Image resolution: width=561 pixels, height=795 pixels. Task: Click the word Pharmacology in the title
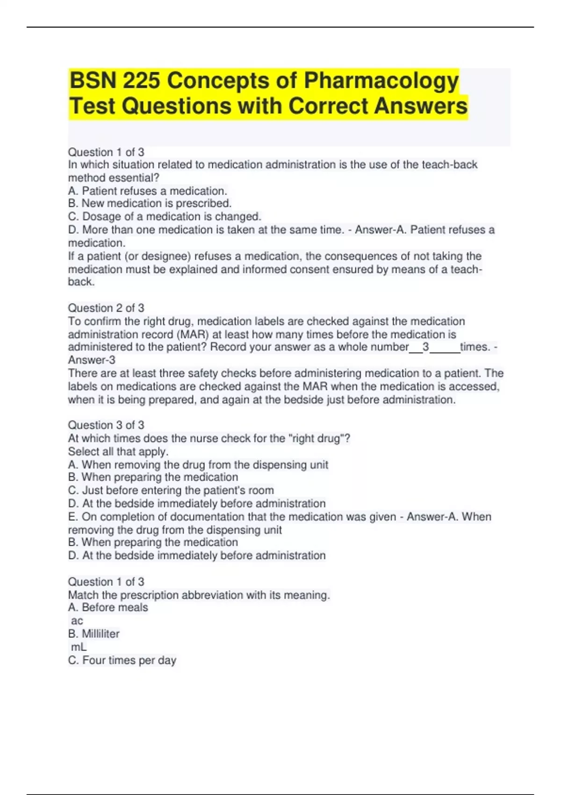pos(381,80)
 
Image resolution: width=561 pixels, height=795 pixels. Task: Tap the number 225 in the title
pos(142,80)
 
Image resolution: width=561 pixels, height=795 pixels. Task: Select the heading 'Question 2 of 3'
pos(106,308)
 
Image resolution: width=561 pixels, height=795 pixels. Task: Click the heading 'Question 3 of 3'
pos(106,425)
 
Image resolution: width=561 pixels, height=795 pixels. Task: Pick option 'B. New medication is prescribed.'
pos(150,203)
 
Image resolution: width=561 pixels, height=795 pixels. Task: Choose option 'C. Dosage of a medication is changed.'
pos(165,217)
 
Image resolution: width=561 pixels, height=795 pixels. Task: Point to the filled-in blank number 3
pos(425,347)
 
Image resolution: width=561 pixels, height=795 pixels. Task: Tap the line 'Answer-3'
pos(92,360)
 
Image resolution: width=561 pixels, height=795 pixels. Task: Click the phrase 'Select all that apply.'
pos(118,452)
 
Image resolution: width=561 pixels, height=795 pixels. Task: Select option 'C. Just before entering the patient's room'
pos(171,491)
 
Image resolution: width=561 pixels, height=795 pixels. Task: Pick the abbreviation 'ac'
pos(77,621)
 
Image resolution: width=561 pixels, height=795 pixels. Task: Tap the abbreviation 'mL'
pos(79,647)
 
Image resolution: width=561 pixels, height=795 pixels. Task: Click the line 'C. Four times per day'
pos(122,660)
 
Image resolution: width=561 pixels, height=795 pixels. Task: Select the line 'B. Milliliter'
pos(94,634)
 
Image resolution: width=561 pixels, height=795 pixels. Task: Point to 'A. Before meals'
pos(108,607)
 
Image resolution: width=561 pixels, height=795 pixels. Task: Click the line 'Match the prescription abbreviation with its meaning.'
pos(199,595)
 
